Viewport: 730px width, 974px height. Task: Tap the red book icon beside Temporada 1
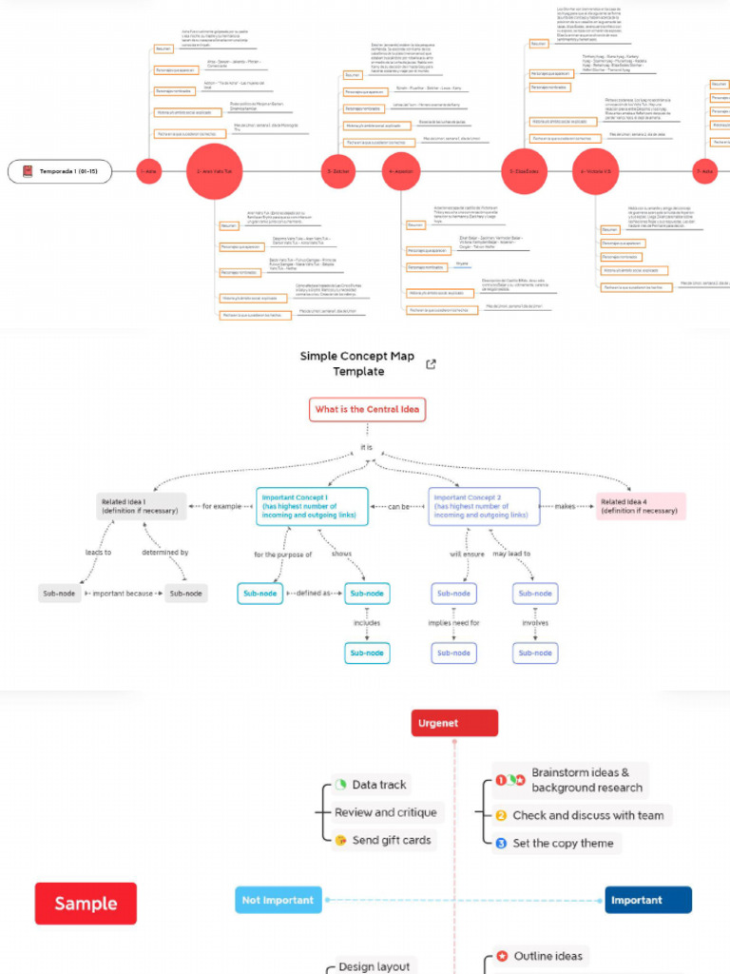(x=28, y=172)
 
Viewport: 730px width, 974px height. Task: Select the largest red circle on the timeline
(x=214, y=172)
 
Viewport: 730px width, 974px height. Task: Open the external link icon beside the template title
(x=431, y=364)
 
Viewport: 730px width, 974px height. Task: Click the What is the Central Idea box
(x=367, y=410)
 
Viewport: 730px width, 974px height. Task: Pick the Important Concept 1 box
(x=312, y=506)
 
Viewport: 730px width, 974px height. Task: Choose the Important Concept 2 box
(x=484, y=506)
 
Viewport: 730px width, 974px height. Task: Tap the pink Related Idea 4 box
(x=640, y=506)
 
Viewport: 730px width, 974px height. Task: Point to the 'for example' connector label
(x=221, y=506)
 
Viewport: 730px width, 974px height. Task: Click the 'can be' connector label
(x=398, y=506)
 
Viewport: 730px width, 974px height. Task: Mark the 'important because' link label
(x=123, y=594)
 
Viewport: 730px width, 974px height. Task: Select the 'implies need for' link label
(x=453, y=623)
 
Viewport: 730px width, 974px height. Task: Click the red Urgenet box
(x=453, y=723)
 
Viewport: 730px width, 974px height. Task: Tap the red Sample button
(x=86, y=904)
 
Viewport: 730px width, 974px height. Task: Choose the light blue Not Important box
(x=277, y=900)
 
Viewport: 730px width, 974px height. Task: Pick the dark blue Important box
(x=648, y=900)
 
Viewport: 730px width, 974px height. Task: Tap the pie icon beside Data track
(x=341, y=785)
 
